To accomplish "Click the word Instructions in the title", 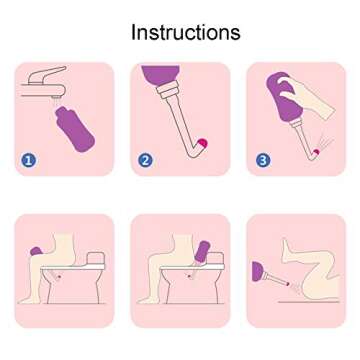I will pyautogui.click(x=186, y=31).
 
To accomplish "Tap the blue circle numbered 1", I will pyautogui.click(x=28, y=159).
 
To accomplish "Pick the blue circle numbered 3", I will pyautogui.click(x=263, y=159).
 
